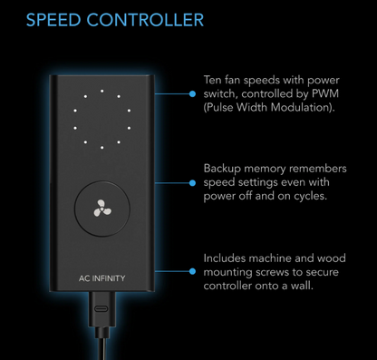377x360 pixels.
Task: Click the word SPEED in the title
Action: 53,20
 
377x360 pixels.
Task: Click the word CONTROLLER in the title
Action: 145,20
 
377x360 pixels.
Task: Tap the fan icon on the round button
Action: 102,208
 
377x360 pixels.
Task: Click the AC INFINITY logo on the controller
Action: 101,278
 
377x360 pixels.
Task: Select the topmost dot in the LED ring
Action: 102,91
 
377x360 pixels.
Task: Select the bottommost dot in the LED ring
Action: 102,148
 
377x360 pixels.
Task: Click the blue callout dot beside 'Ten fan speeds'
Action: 192,94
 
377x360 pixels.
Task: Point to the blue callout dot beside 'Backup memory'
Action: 192,183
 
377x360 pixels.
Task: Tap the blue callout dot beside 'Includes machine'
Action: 192,271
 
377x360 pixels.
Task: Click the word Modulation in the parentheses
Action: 303,108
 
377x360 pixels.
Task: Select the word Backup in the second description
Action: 222,169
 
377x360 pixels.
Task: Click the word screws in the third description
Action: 272,272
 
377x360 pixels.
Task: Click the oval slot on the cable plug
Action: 102,308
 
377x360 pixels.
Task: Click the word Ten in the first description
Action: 212,80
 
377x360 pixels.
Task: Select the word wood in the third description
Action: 332,258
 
